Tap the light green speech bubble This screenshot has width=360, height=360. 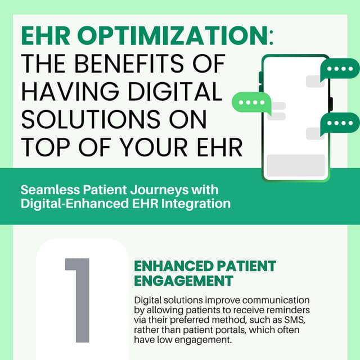(251, 102)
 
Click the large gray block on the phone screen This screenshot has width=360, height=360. (296, 165)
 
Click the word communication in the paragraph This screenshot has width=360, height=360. (277, 300)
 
